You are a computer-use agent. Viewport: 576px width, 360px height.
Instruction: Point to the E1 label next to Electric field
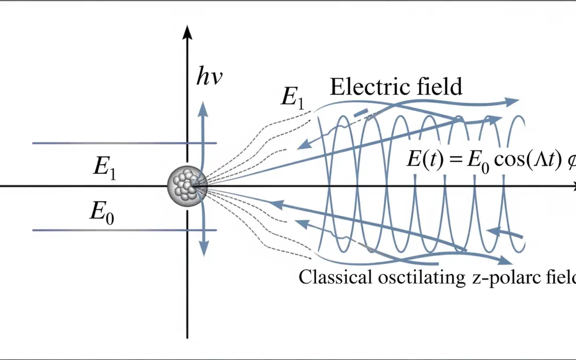click(292, 98)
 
